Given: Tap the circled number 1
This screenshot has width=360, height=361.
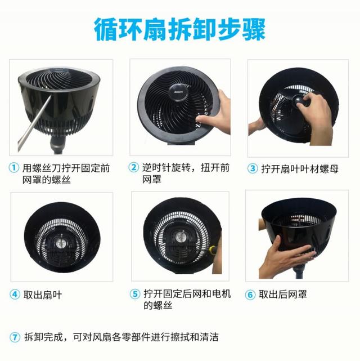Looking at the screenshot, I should (14, 168).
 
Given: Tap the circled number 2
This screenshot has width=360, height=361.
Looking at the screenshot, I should (134, 168).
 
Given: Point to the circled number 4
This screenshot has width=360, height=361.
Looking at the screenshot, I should (14, 294).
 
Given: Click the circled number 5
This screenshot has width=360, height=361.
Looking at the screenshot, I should (134, 294).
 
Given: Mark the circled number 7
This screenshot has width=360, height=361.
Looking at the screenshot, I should (14, 337).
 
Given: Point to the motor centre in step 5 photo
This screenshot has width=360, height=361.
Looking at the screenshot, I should (180, 239).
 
